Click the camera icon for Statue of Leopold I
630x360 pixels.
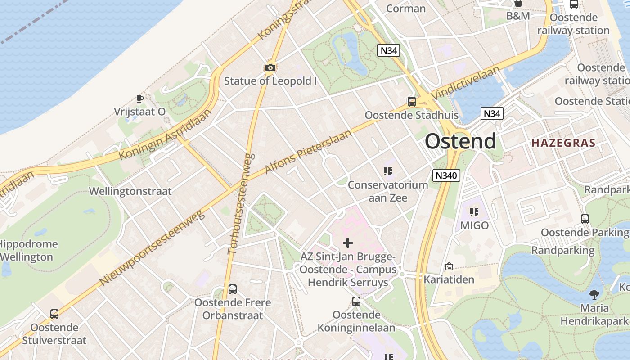270,68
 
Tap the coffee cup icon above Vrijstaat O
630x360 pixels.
139,98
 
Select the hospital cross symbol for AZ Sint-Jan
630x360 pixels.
348,243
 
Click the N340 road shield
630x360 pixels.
446,175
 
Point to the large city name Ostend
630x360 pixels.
460,141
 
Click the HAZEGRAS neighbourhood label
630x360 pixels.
563,143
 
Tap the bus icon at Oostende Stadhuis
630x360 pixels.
411,102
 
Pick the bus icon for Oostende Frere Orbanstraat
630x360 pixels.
233,289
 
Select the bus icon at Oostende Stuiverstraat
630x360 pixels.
54,314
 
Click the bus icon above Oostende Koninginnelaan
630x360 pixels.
356,301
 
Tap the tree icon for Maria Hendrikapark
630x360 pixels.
594,295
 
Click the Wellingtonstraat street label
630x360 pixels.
130,191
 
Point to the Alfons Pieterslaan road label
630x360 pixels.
308,152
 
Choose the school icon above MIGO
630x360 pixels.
474,212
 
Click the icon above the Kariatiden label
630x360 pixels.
449,266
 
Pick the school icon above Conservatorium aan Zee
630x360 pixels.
388,171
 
